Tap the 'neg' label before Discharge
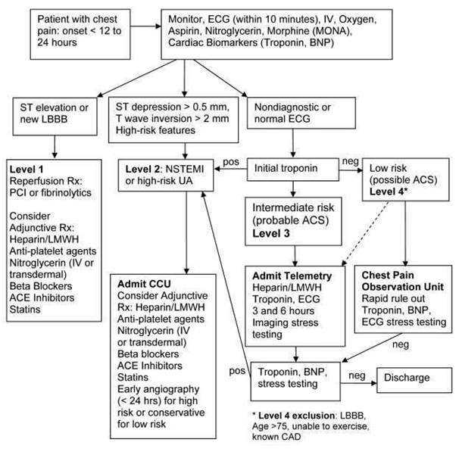355,373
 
